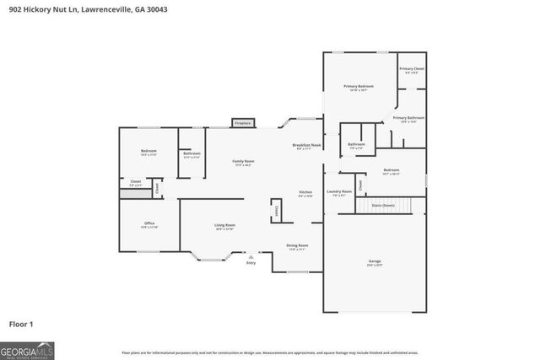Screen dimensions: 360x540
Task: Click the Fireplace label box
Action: click(243, 123)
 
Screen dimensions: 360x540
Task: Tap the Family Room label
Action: click(244, 162)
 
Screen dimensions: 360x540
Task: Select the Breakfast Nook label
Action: click(306, 147)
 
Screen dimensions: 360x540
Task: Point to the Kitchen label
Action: click(305, 193)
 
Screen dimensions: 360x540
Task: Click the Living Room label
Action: click(224, 226)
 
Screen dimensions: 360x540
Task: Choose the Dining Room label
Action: click(298, 247)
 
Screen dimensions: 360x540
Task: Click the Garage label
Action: click(374, 262)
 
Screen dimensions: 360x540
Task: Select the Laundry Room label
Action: click(339, 193)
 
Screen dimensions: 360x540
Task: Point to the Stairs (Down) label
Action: click(383, 205)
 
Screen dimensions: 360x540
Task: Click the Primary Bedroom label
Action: click(359, 88)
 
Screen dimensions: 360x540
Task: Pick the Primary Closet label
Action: click(412, 69)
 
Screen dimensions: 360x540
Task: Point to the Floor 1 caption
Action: click(20, 324)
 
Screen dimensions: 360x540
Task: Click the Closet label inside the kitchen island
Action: click(274, 211)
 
